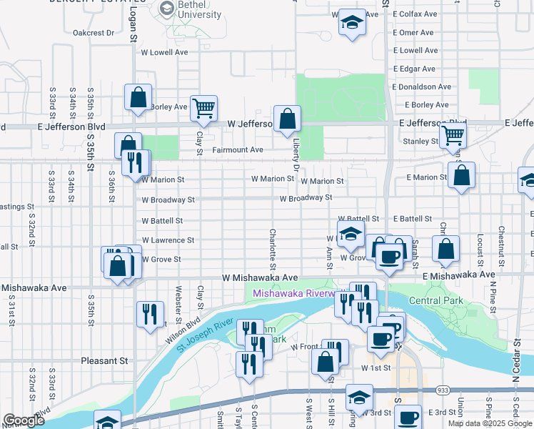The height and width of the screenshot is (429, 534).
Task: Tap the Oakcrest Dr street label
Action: (x=93, y=32)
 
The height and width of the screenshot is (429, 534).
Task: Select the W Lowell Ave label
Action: (x=164, y=52)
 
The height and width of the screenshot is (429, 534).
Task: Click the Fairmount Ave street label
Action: (x=238, y=150)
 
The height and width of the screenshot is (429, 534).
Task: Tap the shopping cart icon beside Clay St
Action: (x=204, y=109)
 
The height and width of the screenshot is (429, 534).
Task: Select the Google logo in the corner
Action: (x=24, y=420)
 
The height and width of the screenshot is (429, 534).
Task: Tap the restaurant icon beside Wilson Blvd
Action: (x=150, y=315)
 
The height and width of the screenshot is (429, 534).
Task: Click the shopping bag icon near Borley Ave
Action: (x=138, y=97)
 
